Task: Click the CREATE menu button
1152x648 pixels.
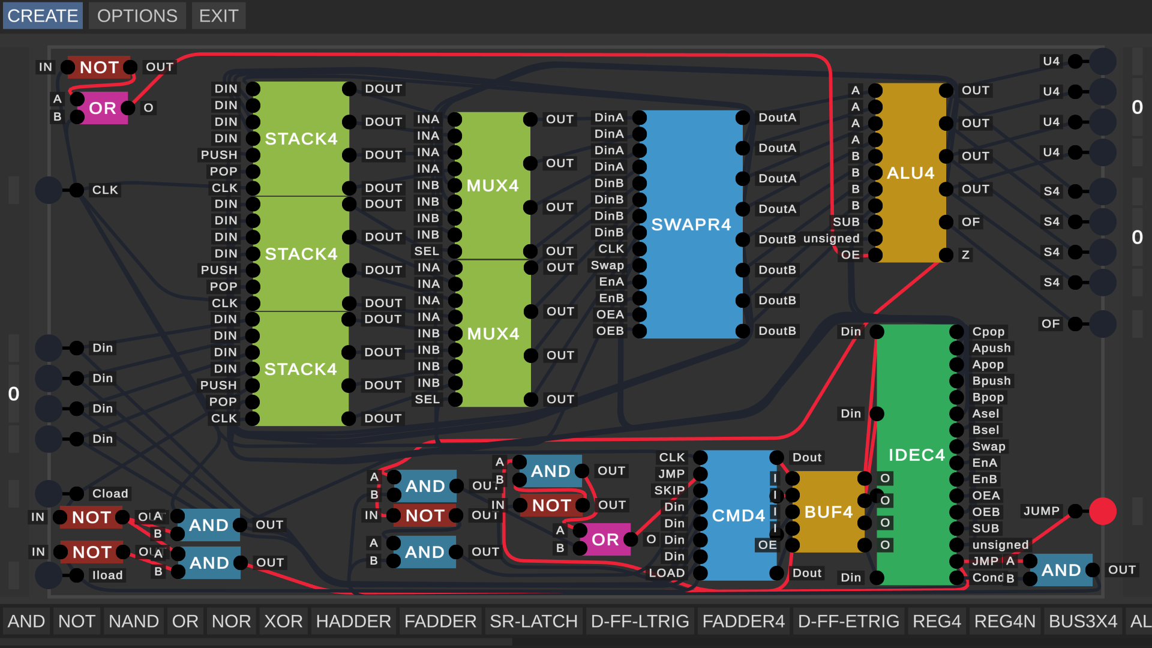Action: coord(43,16)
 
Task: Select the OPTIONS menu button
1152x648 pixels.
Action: coord(137,16)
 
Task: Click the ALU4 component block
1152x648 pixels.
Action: coord(910,173)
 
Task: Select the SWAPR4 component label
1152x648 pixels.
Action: coord(691,224)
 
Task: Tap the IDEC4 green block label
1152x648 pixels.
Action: coord(916,455)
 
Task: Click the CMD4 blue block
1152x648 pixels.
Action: coord(739,515)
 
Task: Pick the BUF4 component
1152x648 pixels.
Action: coord(828,512)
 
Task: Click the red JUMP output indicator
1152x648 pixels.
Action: coord(1102,511)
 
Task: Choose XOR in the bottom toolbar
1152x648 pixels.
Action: coord(283,621)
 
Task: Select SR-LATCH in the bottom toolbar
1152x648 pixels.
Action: coord(533,621)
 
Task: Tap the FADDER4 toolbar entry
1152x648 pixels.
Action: coord(743,621)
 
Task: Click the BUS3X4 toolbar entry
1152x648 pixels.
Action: coord(1082,621)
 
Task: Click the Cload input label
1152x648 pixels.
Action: coord(110,493)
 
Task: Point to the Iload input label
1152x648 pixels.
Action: coord(107,575)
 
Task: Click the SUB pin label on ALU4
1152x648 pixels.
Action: coord(846,222)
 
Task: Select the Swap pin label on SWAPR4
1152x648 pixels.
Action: coord(607,265)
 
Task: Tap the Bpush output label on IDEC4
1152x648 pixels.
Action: coord(991,381)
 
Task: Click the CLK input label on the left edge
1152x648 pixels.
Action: coord(105,190)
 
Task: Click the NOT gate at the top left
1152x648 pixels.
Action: coord(100,67)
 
